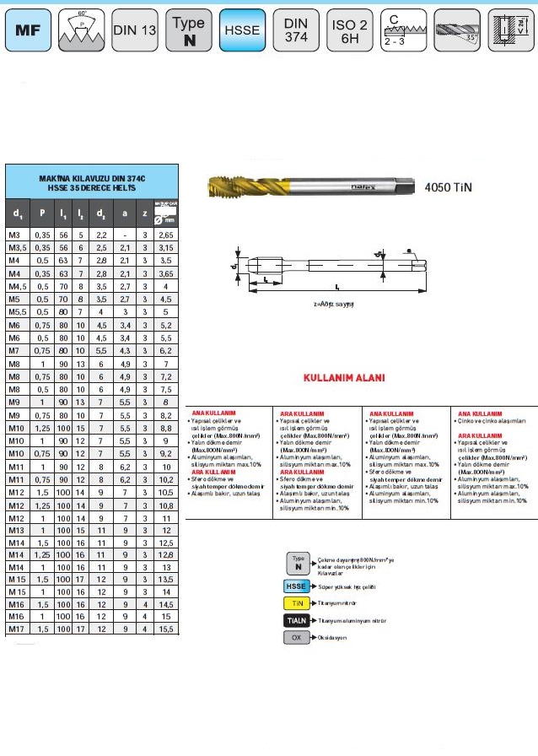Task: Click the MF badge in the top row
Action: (28, 30)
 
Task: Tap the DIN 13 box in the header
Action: (135, 30)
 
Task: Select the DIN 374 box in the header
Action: (297, 30)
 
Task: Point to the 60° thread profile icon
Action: (82, 30)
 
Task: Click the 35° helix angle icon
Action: (457, 30)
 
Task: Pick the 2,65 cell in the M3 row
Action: (165, 234)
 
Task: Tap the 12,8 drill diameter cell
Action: (165, 554)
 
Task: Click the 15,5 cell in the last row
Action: (165, 629)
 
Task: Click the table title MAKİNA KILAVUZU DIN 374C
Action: (93, 179)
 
